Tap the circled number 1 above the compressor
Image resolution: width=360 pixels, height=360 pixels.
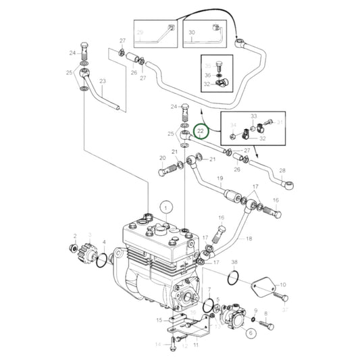tap(163, 205)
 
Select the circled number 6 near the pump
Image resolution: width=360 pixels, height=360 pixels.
tap(251, 332)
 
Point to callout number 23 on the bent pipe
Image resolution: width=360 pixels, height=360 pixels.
tap(103, 82)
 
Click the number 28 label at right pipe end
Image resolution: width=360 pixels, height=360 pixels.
tap(282, 170)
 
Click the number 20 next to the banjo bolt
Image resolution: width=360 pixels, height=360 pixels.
tap(162, 159)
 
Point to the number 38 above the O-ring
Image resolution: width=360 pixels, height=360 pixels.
tap(234, 261)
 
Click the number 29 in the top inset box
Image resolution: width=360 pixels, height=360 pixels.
tap(140, 32)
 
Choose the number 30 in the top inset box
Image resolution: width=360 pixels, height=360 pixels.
tap(191, 32)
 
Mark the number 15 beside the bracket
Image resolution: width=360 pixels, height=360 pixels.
tap(159, 320)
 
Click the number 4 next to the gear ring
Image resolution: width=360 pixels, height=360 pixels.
tap(103, 242)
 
